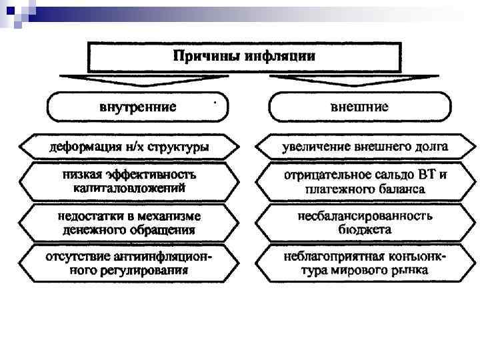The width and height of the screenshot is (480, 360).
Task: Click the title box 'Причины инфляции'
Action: tap(244, 57)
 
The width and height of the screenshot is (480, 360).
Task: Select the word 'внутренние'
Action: tap(137, 106)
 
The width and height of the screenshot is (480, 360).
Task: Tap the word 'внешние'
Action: tap(359, 106)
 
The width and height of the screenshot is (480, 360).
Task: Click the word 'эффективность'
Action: tap(150, 175)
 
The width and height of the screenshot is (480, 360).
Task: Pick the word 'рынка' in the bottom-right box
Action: tap(409, 271)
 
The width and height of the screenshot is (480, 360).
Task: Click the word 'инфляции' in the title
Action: tap(280, 55)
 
